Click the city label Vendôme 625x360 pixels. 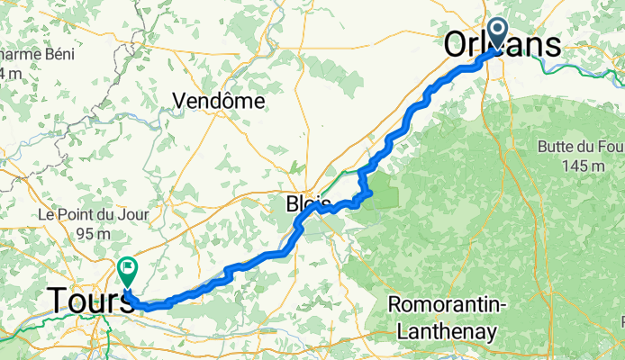(x=222, y=101)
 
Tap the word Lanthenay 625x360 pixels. (x=443, y=331)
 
